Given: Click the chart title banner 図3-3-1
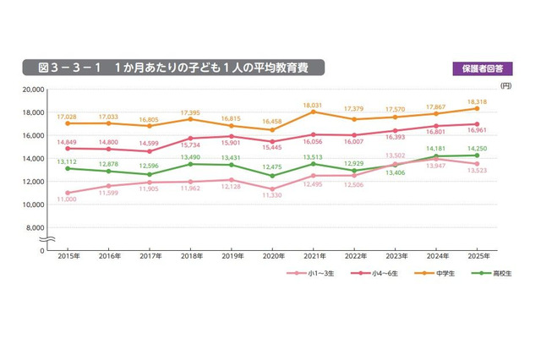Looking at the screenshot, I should (x=173, y=68).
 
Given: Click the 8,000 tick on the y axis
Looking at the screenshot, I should (x=34, y=227).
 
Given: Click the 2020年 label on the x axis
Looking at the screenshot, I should (x=271, y=257).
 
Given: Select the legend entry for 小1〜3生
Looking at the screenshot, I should (x=308, y=274).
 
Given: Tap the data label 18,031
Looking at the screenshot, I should (x=313, y=103).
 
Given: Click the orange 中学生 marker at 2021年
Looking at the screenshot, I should (x=313, y=112).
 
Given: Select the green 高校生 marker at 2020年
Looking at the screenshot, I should (x=271, y=176).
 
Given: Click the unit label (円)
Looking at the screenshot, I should (x=505, y=85).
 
